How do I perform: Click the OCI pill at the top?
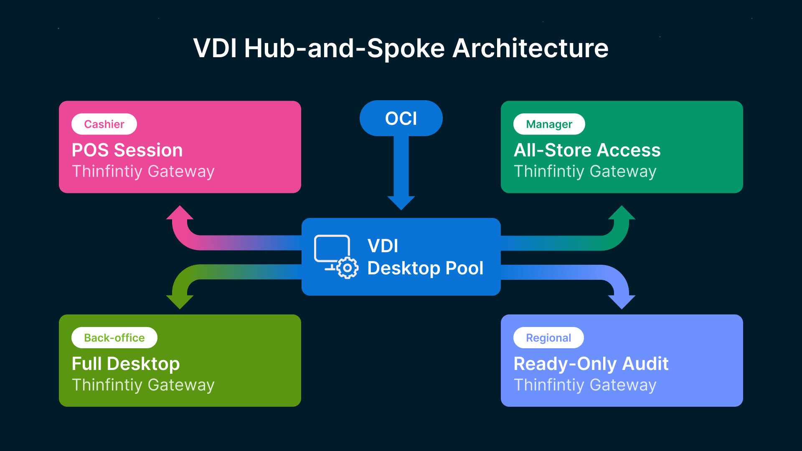click(x=401, y=118)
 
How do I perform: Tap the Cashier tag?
click(x=104, y=124)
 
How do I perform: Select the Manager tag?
click(x=549, y=124)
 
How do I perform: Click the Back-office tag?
click(x=114, y=337)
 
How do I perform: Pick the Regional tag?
click(x=548, y=337)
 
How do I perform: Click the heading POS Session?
click(x=127, y=150)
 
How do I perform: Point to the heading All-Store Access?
click(x=587, y=150)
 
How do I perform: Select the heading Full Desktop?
click(x=125, y=364)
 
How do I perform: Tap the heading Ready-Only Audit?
click(x=591, y=364)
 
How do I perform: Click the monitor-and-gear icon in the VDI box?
click(x=336, y=256)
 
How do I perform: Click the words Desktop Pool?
click(x=425, y=268)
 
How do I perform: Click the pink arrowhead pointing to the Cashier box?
click(x=180, y=213)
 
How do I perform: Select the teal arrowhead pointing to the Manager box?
click(x=622, y=213)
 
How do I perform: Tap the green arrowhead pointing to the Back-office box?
click(x=180, y=302)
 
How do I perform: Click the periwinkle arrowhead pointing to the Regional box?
click(x=622, y=302)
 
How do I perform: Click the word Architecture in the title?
click(x=530, y=48)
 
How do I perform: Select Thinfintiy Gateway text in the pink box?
click(x=143, y=171)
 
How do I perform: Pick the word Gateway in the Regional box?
click(x=623, y=385)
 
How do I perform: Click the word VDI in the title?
click(x=215, y=48)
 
